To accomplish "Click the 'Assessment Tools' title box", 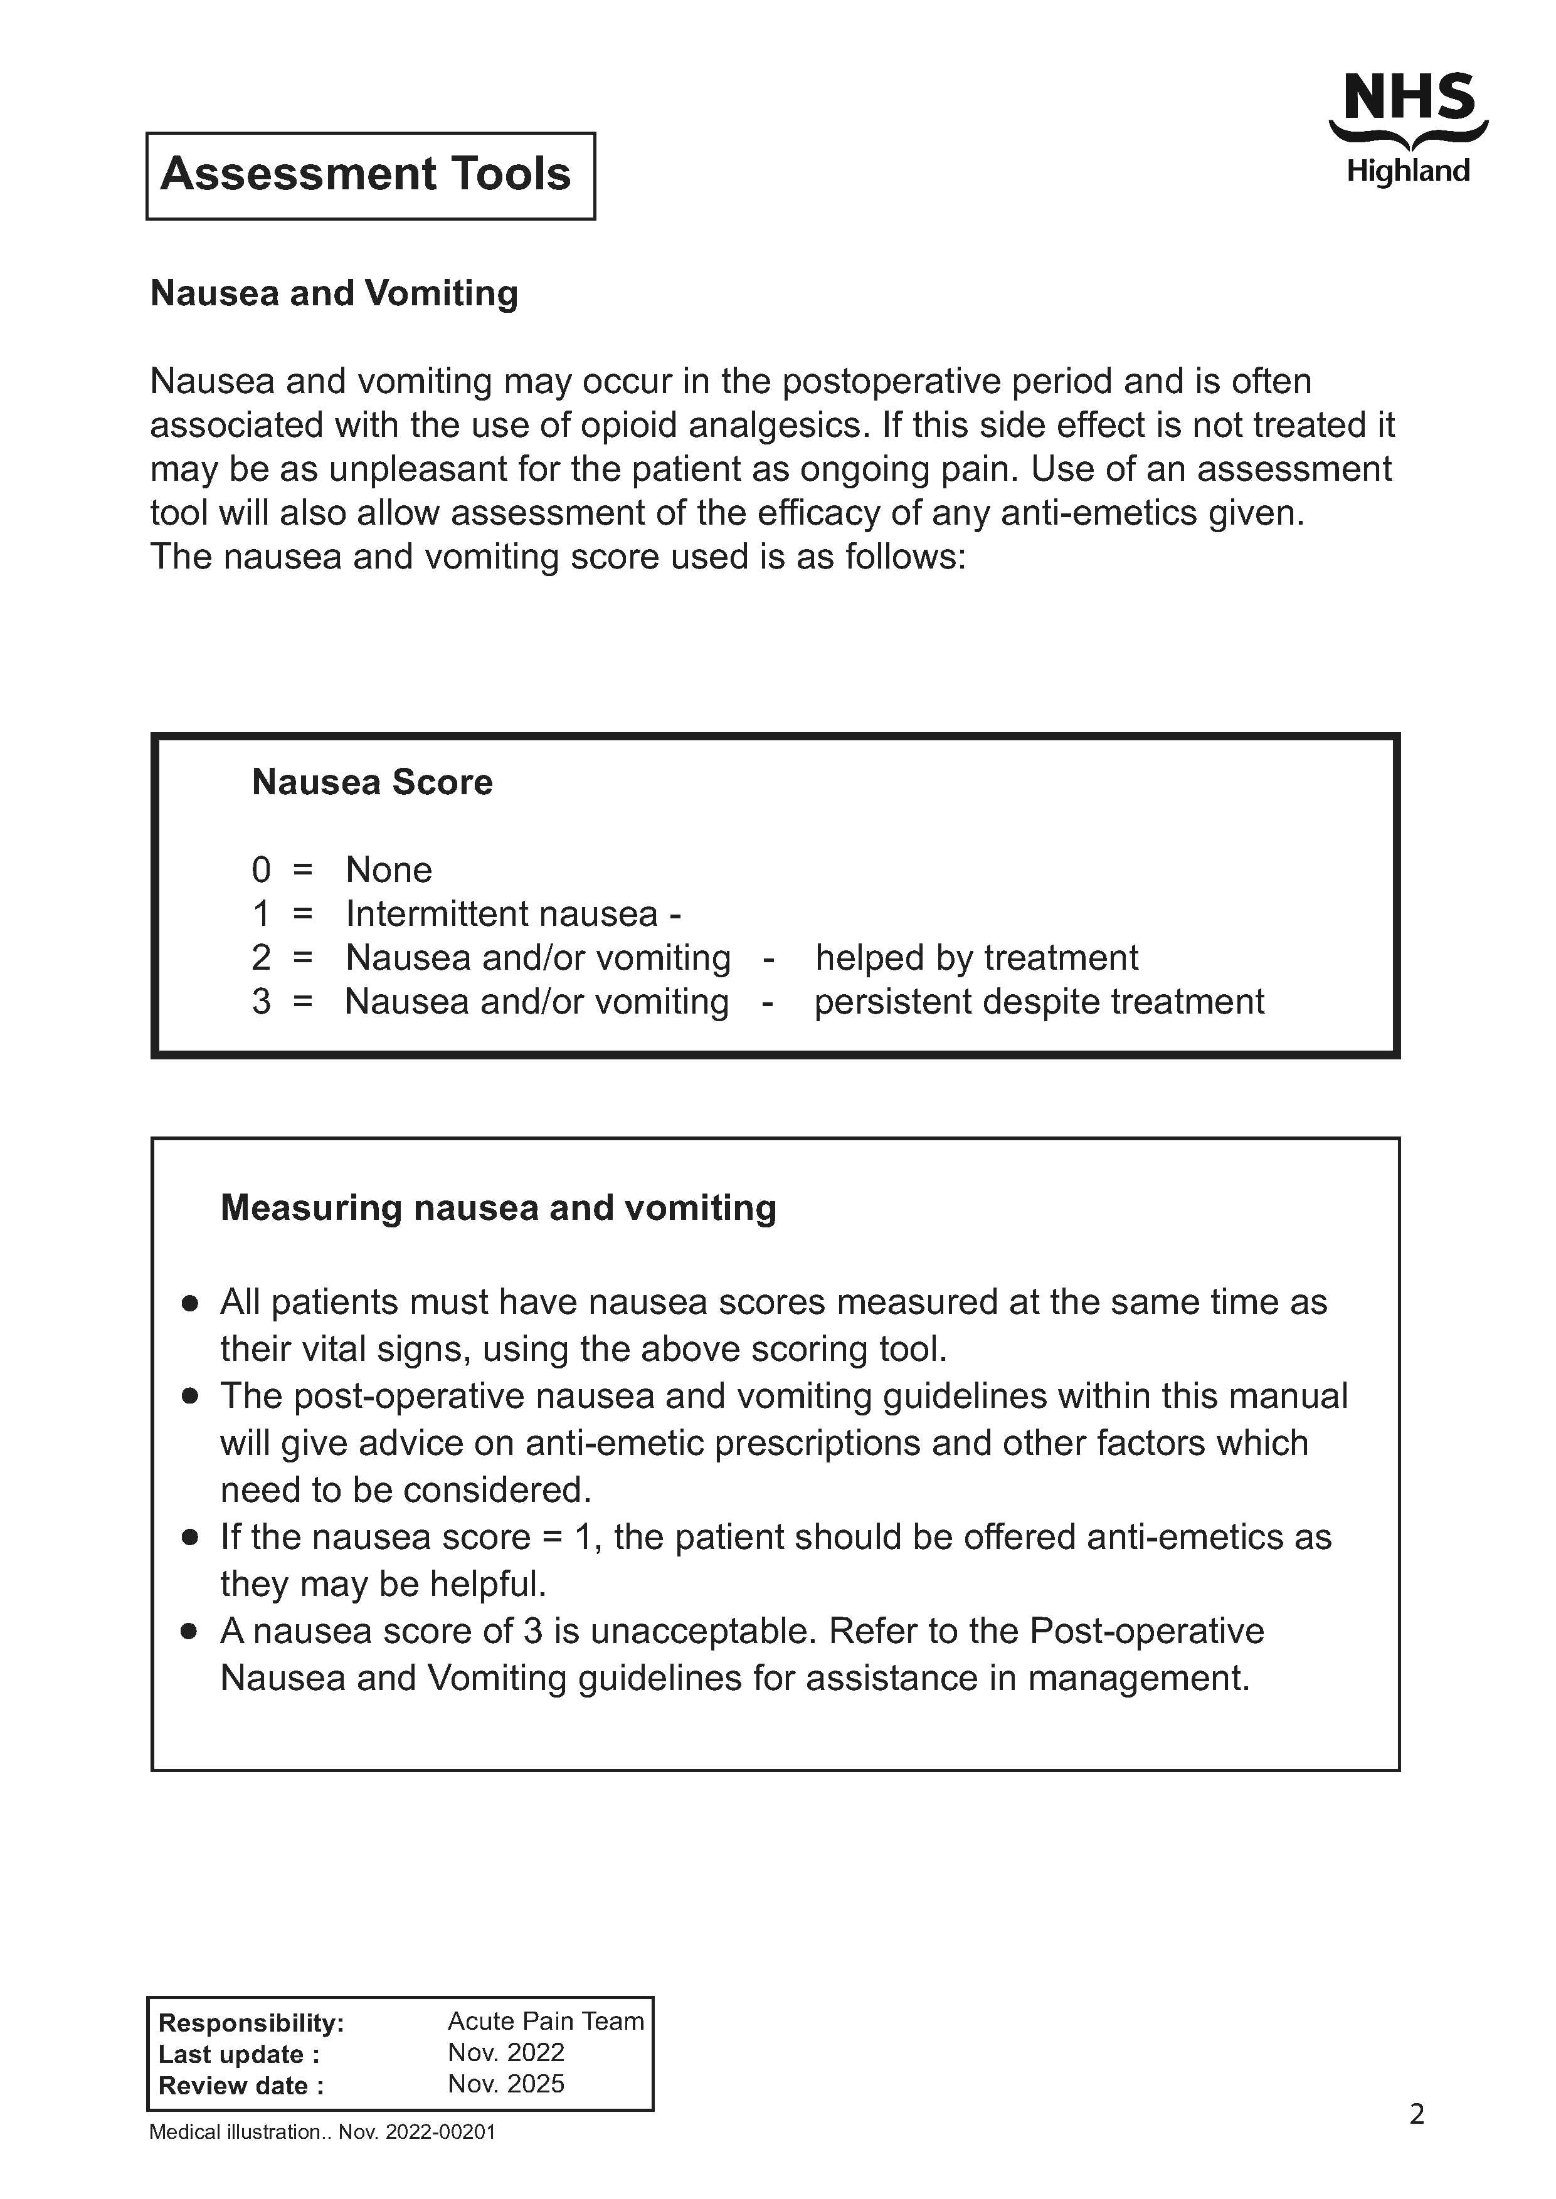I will point(370,176).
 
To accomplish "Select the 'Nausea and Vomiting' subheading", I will point(334,293).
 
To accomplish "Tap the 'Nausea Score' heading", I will point(372,782).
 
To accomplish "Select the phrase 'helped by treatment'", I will point(976,958).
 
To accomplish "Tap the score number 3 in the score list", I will point(261,1002).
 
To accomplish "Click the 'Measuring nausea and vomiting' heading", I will point(498,1208).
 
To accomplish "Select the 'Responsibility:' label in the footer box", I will point(251,2023).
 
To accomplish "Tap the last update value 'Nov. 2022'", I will point(506,2052).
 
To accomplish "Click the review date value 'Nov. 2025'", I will point(506,2084).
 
